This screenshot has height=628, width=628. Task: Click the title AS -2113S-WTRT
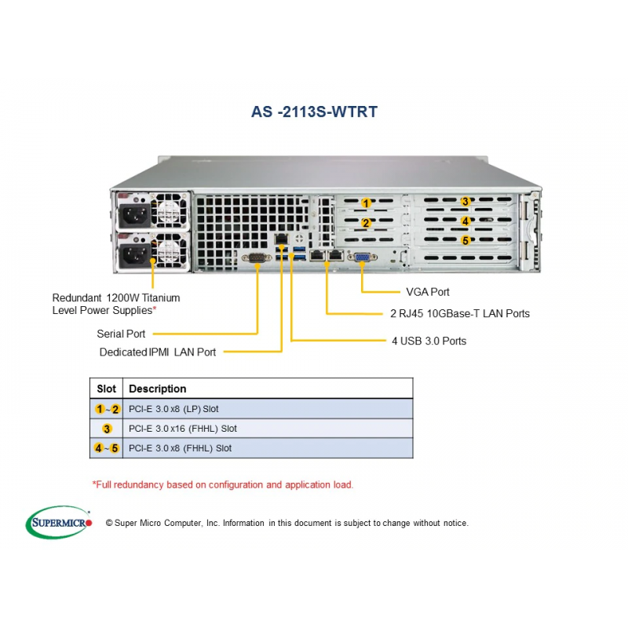tap(314, 111)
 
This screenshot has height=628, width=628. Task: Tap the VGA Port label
tap(428, 292)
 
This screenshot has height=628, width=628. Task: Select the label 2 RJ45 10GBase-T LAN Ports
tap(459, 314)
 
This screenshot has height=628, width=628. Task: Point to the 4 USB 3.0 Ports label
tap(429, 341)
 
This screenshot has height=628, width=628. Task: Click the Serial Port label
tap(121, 334)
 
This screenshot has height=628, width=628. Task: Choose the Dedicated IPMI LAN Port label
tap(158, 352)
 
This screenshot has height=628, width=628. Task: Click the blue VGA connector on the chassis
tap(361, 257)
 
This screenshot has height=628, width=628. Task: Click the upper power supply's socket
tap(133, 214)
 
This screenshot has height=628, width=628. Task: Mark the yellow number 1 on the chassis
tap(366, 203)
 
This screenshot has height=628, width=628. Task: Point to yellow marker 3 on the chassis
tap(466, 202)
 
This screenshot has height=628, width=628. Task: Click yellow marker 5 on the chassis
tap(466, 240)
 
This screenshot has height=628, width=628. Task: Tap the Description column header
tap(158, 389)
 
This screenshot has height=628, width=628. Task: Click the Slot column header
tap(107, 389)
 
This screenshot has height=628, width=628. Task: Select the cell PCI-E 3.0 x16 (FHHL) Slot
tap(183, 429)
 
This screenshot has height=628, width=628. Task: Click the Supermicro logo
tap(60, 522)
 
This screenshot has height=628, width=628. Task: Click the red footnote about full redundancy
tap(223, 484)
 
